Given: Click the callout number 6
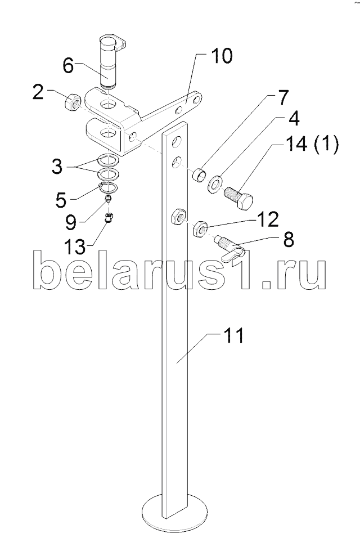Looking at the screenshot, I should [x=68, y=66].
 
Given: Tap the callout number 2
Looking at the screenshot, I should [x=38, y=92].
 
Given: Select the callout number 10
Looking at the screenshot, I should [x=221, y=57].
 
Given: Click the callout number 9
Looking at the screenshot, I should [x=70, y=222].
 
